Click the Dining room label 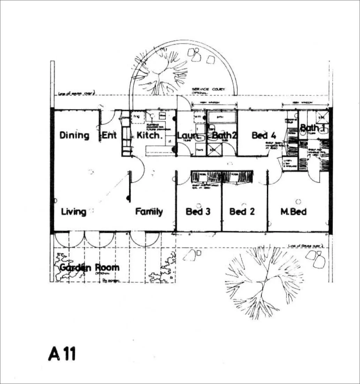point(74,135)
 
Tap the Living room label point(74,212)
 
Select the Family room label point(149,212)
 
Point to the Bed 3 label point(198,212)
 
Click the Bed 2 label point(242,212)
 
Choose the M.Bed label point(293,212)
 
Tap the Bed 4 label point(264,135)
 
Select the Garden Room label point(89,268)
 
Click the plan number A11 point(62,354)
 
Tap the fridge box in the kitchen point(137,117)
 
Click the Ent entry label point(109,135)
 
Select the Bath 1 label point(313,128)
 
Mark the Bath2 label point(225,135)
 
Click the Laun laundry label point(188,135)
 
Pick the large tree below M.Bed point(264,279)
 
